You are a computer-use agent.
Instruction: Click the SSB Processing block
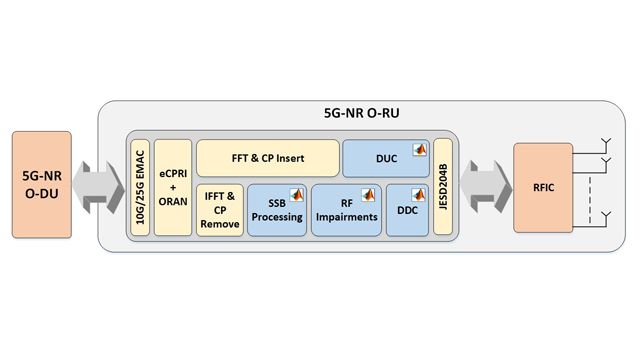(x=276, y=212)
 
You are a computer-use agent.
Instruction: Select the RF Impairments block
(x=344, y=212)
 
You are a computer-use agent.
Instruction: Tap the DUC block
(x=385, y=158)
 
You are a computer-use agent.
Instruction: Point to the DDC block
(x=406, y=212)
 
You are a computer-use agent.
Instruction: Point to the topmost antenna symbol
(x=604, y=142)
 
